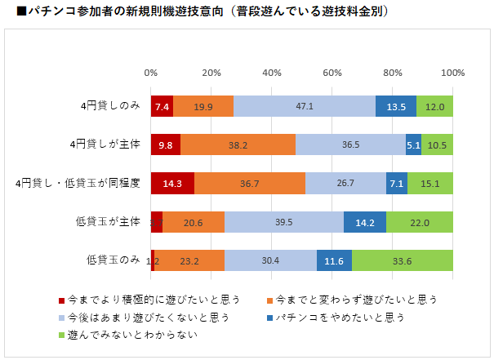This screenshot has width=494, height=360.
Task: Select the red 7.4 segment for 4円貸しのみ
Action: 162,106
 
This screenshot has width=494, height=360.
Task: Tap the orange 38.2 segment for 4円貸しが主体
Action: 238,144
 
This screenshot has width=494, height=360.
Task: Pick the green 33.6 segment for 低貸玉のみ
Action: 402,260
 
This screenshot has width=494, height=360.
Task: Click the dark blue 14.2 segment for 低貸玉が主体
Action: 364,222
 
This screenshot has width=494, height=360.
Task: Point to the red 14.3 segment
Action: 172,183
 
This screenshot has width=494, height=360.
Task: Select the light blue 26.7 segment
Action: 345,183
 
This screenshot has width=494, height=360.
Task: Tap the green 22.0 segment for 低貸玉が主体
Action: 420,222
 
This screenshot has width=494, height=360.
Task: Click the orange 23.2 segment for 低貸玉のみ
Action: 189,260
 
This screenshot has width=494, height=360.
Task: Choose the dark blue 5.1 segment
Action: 413,144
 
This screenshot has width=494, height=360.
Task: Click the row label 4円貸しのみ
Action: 110,106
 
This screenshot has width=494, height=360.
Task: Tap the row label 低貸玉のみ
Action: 113,260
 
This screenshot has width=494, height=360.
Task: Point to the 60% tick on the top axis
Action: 332,73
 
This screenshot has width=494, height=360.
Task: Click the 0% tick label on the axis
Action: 151,73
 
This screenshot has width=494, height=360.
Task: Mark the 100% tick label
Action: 452,73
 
